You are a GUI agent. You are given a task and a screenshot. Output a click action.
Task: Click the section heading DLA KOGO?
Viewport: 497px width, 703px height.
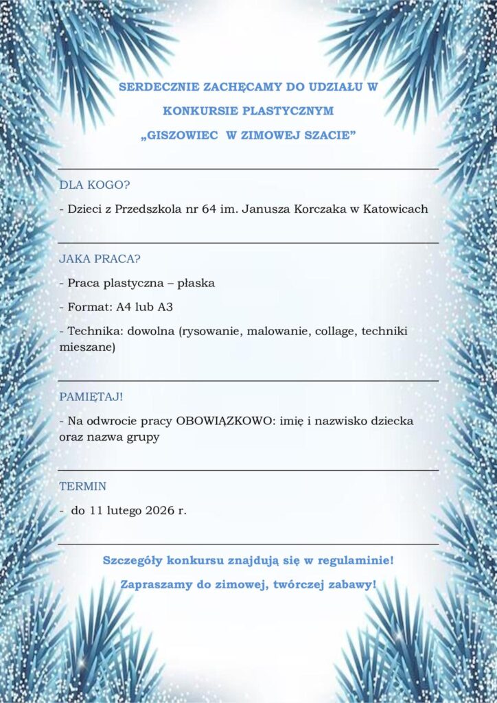(95, 185)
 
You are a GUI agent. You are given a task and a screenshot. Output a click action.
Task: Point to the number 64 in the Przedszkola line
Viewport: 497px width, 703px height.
(210, 209)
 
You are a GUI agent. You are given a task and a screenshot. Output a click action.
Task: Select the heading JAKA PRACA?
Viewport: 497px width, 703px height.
(100, 260)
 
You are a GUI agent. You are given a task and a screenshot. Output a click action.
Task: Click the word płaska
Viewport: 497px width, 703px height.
(196, 283)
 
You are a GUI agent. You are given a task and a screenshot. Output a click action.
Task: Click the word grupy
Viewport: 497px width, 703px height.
(141, 437)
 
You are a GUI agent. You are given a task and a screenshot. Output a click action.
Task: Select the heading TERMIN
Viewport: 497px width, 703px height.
(83, 487)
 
